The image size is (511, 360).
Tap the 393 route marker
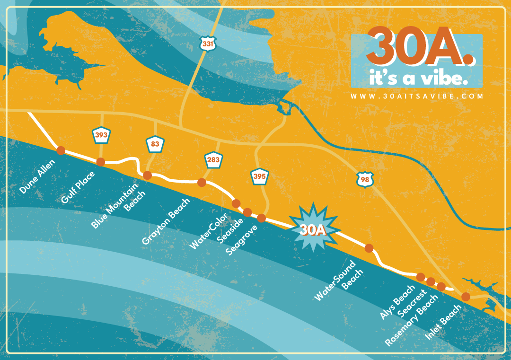[x=101, y=135]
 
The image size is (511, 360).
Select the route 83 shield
[x=155, y=144]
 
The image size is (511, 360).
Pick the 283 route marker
[x=213, y=160]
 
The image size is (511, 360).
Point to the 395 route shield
[x=259, y=177]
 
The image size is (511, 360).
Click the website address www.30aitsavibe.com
[x=417, y=96]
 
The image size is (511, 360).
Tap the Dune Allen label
[x=37, y=176]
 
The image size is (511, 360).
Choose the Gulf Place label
[x=78, y=187]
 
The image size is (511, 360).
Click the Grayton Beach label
[x=166, y=221]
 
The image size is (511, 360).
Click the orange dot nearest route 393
[x=100, y=162]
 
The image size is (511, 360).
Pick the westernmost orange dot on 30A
[x=61, y=150]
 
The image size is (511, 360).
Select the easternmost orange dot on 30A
[x=466, y=297]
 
